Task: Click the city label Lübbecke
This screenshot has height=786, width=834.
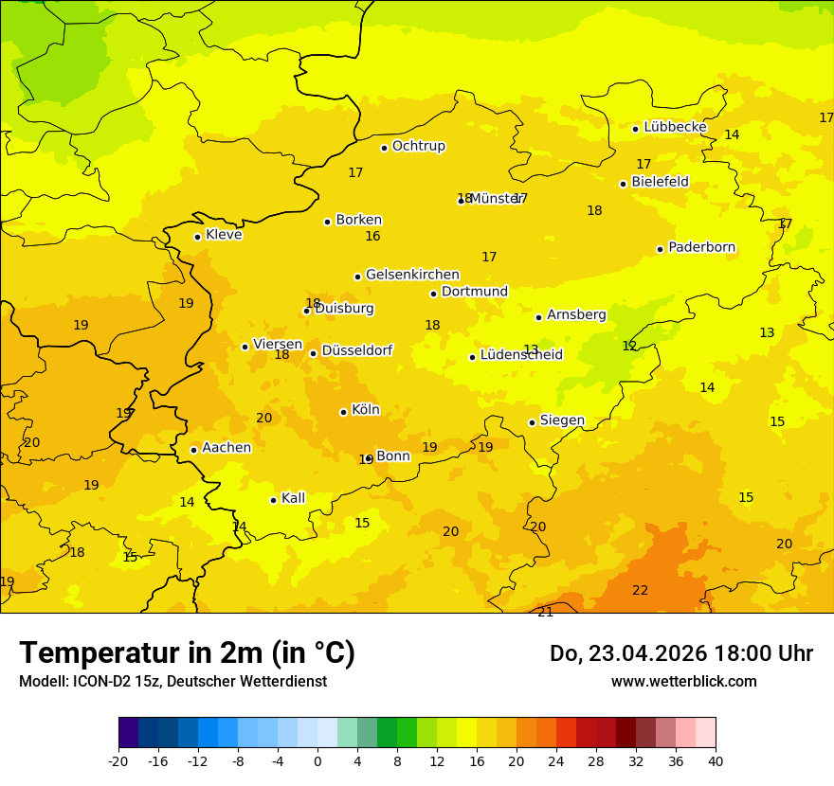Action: tap(675, 127)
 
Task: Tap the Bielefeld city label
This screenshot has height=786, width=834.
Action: tap(660, 182)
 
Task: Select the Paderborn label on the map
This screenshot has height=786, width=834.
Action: tap(701, 247)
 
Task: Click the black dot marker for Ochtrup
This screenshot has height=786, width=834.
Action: tap(384, 148)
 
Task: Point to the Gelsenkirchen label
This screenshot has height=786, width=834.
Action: tap(412, 275)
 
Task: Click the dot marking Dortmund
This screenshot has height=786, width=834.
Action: tap(433, 294)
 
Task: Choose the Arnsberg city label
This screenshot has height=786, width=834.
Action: tap(576, 314)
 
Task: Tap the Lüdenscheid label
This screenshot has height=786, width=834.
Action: tap(521, 355)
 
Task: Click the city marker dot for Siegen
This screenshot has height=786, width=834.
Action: tap(532, 422)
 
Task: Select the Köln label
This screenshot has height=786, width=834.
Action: tap(365, 410)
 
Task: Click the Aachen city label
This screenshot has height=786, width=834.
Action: tap(227, 448)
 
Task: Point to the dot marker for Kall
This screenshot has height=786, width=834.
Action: tap(273, 500)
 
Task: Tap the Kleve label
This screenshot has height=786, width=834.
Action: tap(224, 235)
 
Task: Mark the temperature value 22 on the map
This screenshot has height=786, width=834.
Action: tap(641, 590)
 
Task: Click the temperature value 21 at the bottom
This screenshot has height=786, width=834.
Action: tap(545, 612)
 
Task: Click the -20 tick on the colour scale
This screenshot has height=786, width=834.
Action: tap(118, 761)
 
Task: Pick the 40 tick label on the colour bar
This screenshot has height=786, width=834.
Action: tap(715, 761)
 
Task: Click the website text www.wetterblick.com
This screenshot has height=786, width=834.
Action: tap(683, 682)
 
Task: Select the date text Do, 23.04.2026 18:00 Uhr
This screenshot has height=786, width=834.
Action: tap(680, 653)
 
